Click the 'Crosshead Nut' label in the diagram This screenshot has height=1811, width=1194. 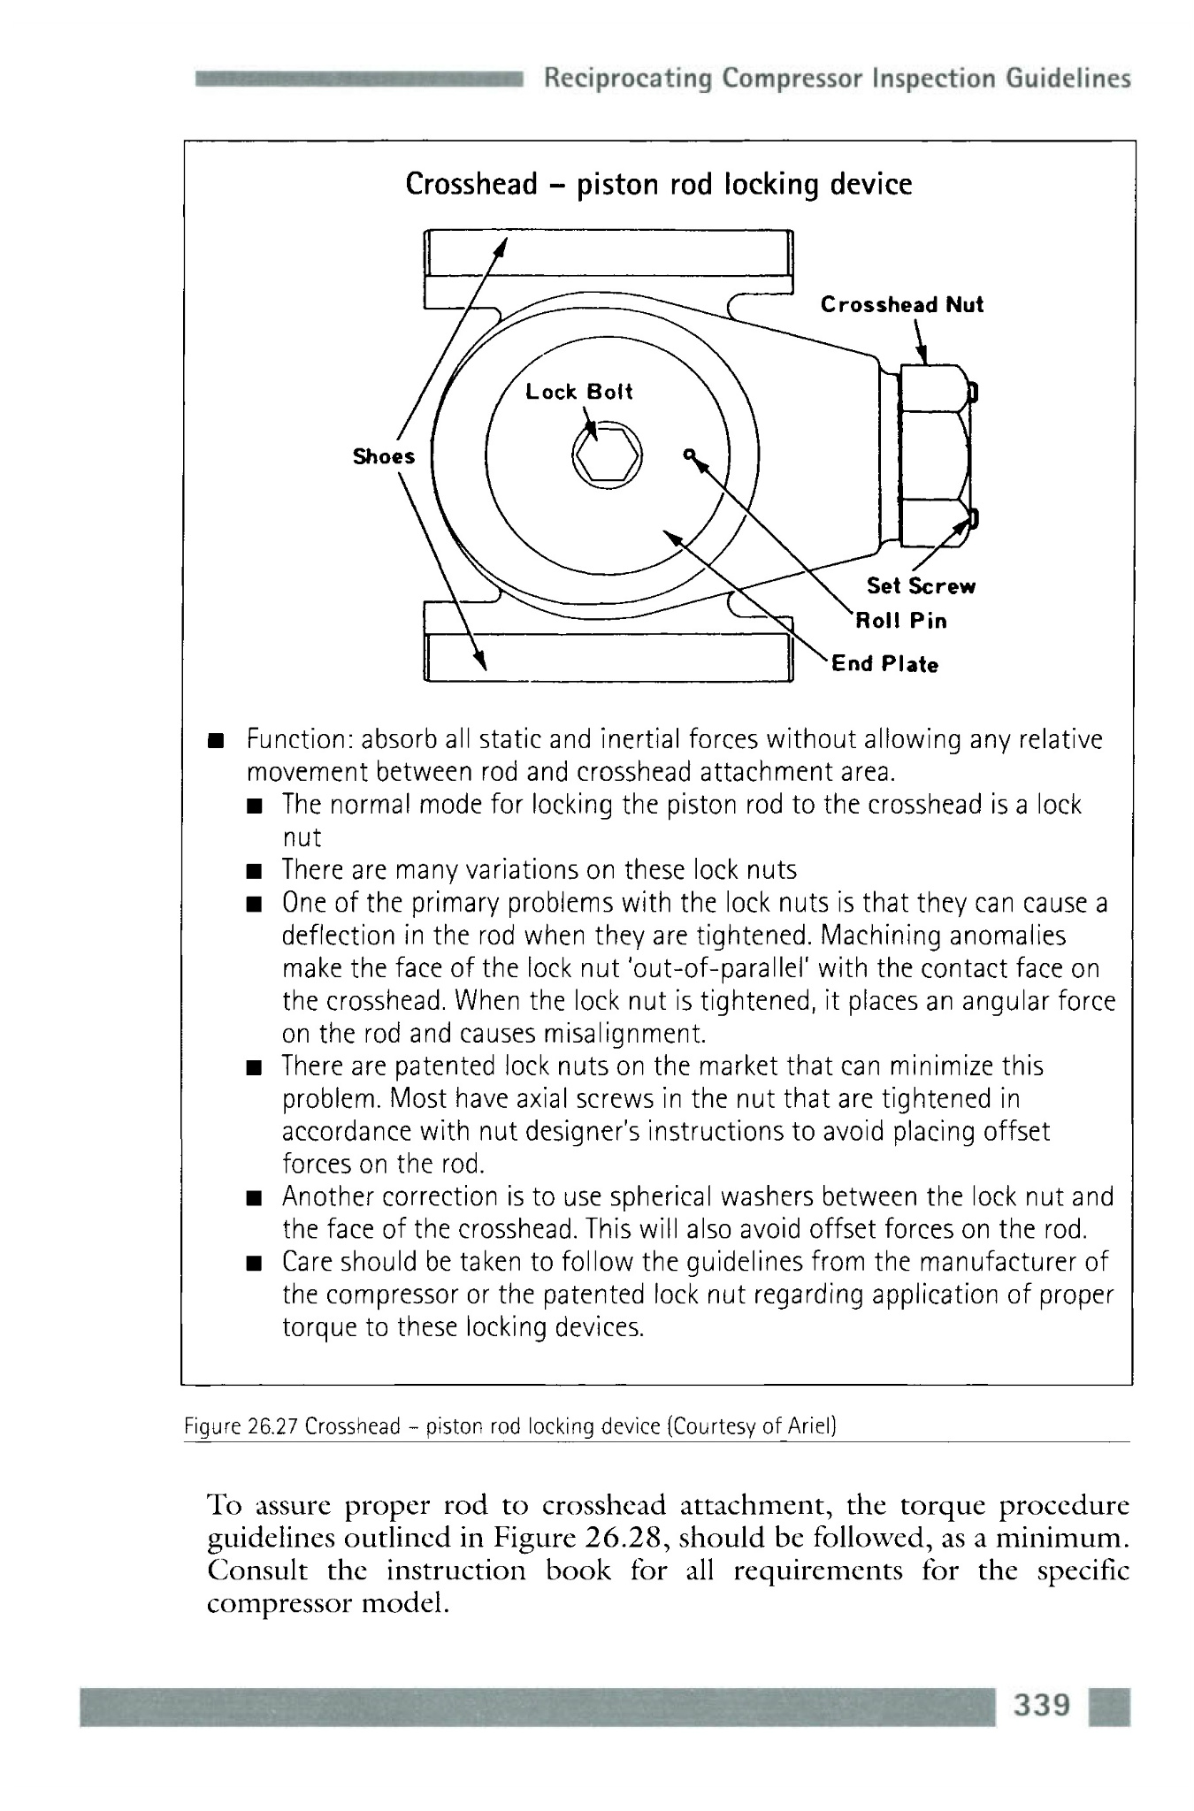tap(901, 305)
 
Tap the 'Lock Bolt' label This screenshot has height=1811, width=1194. tap(579, 392)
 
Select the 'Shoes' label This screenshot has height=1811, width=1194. tap(384, 456)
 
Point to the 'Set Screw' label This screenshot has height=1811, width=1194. tap(921, 586)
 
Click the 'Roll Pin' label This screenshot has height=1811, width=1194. tap(899, 621)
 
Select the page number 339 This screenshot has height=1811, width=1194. tap(1044, 1705)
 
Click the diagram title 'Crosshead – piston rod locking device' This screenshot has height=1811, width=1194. tap(658, 184)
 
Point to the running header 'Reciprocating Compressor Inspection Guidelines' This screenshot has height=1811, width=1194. tap(837, 79)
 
